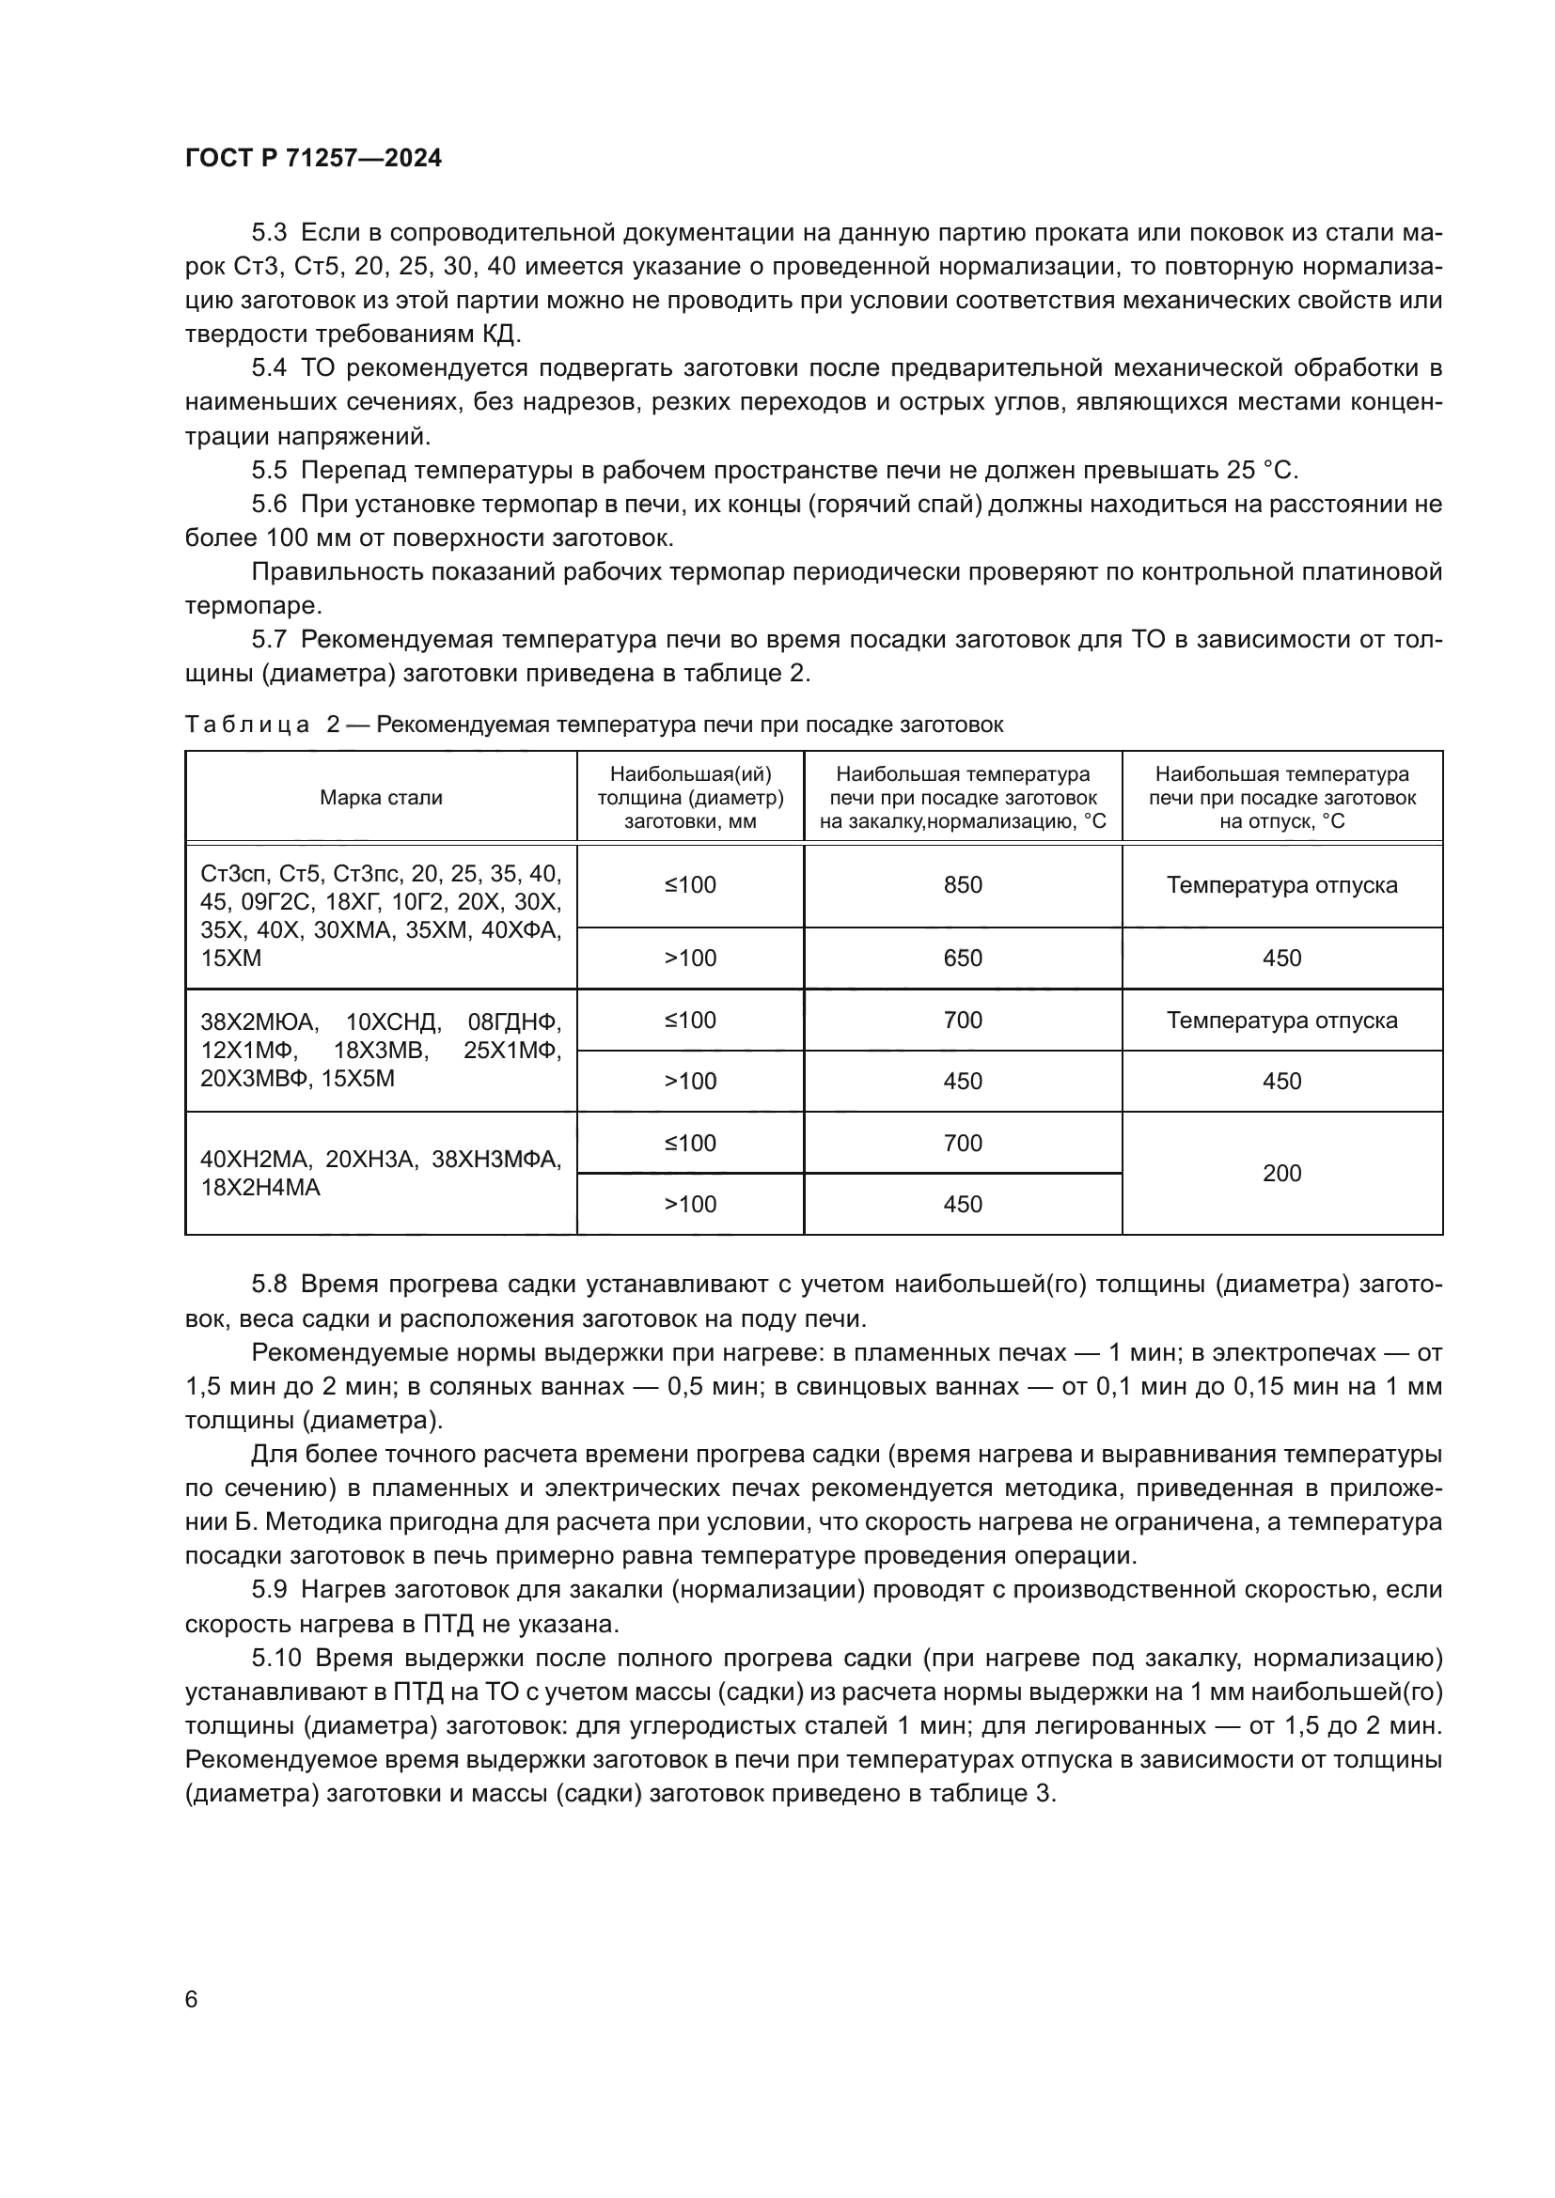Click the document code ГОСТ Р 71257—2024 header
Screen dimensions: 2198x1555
[313, 159]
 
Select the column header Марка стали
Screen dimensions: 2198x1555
[381, 798]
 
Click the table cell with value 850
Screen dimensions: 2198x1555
[963, 884]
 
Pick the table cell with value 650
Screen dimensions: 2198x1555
[963, 959]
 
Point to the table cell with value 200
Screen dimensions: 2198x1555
[1281, 1173]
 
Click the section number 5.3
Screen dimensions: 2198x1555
[269, 233]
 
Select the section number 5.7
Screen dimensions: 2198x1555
[269, 640]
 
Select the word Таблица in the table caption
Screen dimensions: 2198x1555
[247, 725]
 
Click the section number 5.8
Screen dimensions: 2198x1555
[269, 1285]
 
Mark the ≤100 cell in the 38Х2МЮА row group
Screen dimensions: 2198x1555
[690, 1021]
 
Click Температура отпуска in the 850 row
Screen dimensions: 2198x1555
[1281, 884]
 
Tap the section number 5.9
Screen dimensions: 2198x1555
[269, 1590]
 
